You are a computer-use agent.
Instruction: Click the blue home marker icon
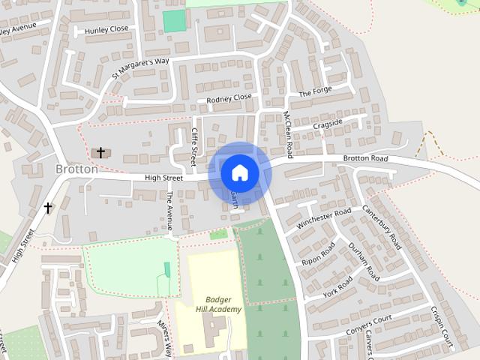click(239, 172)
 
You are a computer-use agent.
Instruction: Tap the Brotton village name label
click(76, 169)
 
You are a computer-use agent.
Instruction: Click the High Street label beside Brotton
click(163, 178)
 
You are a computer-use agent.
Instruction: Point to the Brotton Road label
click(365, 159)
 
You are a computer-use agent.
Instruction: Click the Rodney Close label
click(229, 97)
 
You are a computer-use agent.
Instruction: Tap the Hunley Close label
click(107, 30)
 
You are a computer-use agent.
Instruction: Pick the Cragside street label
click(327, 123)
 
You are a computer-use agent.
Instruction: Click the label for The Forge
click(315, 93)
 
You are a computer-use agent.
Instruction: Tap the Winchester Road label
click(324, 218)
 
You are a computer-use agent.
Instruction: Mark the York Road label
click(339, 286)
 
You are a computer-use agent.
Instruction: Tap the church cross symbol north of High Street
click(100, 152)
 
